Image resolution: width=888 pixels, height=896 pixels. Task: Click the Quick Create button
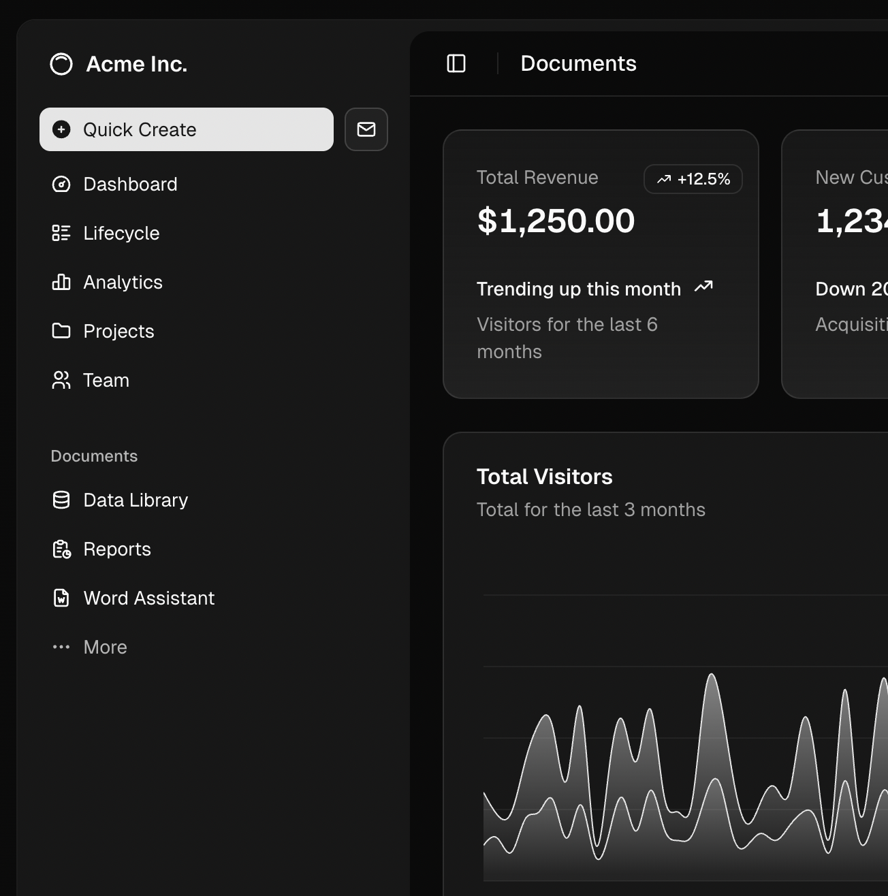click(x=186, y=129)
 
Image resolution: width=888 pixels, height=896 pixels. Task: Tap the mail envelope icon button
click(x=366, y=129)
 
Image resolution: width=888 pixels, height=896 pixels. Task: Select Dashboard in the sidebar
click(x=129, y=185)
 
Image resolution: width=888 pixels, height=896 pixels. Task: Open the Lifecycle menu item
click(x=121, y=234)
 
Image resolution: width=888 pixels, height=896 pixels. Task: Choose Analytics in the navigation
click(x=123, y=283)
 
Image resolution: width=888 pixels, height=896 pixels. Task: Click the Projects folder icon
click(x=61, y=331)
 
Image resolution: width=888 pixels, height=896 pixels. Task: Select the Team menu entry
click(x=106, y=381)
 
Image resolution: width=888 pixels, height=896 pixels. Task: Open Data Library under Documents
click(x=135, y=500)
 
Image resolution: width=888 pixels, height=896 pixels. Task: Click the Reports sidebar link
click(x=116, y=549)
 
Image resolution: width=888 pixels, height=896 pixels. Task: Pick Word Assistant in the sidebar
click(x=148, y=598)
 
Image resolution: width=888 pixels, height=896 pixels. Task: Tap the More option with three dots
click(x=104, y=647)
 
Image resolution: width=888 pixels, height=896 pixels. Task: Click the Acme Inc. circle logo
click(x=61, y=64)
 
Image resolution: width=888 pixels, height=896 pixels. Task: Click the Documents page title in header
click(x=578, y=64)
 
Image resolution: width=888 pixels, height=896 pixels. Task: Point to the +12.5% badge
click(x=693, y=179)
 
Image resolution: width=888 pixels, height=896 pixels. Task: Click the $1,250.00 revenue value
click(x=556, y=221)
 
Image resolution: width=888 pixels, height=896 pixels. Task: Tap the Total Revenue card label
click(x=537, y=178)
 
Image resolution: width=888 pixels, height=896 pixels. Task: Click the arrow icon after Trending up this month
click(x=703, y=287)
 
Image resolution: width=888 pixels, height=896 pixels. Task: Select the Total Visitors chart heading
click(x=544, y=477)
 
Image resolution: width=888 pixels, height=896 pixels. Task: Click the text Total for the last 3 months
click(x=590, y=510)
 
